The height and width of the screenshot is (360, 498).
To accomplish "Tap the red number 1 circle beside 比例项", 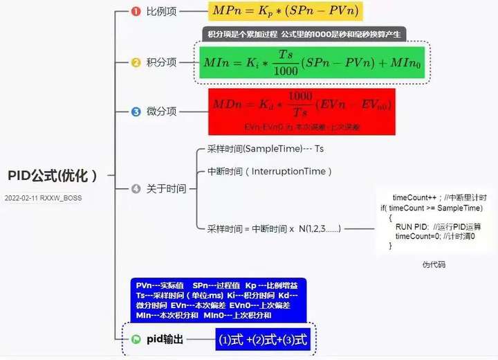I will [136, 11].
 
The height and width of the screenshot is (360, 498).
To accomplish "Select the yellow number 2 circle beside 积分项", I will [136, 62].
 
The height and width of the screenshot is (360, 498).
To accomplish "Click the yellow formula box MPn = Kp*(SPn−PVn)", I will [285, 12].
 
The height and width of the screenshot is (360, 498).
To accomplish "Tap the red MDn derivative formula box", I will [302, 111].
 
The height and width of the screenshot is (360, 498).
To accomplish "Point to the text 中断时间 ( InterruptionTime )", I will [270, 171].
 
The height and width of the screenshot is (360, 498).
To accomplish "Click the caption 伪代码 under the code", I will [434, 264].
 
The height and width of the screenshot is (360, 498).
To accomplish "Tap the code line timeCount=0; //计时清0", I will [435, 236].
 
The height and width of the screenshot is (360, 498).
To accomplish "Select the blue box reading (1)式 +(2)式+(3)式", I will [262, 339].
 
